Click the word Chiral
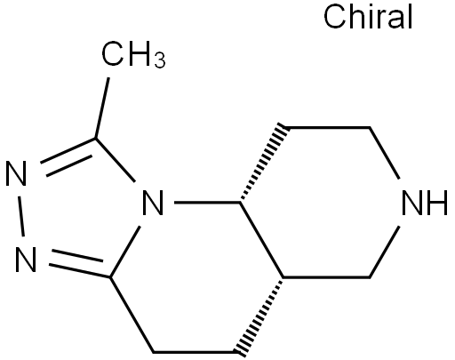(x=368, y=17)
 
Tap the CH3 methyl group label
(x=133, y=55)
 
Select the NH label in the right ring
(x=424, y=203)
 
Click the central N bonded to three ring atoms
(x=153, y=203)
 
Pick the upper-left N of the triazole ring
(x=16, y=173)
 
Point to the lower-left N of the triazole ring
(x=26, y=260)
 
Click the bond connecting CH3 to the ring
(x=102, y=108)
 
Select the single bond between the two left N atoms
(x=21, y=216)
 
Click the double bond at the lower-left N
(x=80, y=264)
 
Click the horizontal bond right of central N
(x=207, y=203)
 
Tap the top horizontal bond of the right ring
(x=327, y=128)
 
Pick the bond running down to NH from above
(x=385, y=153)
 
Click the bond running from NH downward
(x=385, y=252)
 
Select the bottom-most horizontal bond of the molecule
(x=194, y=352)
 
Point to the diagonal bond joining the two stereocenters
(x=261, y=240)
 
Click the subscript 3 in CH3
(x=160, y=60)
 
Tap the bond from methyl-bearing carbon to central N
(x=116, y=159)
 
